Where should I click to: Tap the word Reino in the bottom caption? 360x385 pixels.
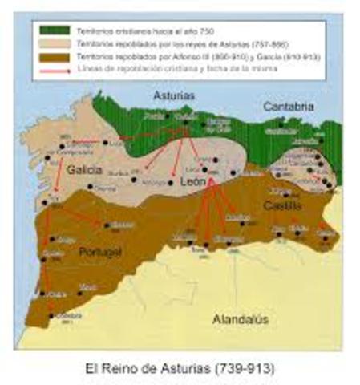point(123,369)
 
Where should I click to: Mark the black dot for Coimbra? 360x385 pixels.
point(51,314)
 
